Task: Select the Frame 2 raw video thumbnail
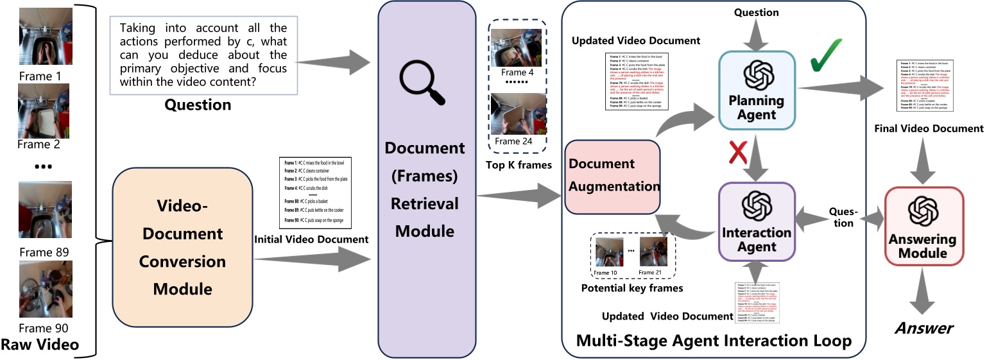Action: click(x=44, y=110)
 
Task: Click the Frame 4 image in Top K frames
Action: click(x=516, y=47)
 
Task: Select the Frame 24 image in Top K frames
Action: click(x=516, y=114)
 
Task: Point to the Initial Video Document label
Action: click(x=311, y=239)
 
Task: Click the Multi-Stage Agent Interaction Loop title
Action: click(x=714, y=340)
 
